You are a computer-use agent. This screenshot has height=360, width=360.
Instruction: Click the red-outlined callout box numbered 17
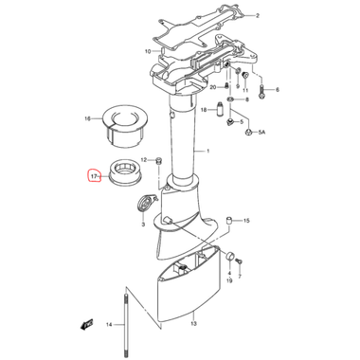coord(93,175)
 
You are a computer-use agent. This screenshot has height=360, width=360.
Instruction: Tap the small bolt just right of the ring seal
coord(157,174)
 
